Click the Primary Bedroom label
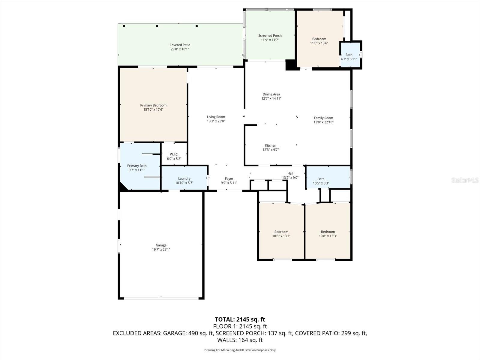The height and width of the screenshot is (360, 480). click(153, 105)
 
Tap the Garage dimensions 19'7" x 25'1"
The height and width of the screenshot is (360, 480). click(161, 250)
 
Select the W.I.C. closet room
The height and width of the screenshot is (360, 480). click(174, 156)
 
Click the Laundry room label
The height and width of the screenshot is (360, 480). click(184, 178)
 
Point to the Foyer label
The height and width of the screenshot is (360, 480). click(229, 179)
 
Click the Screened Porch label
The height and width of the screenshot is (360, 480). click(270, 36)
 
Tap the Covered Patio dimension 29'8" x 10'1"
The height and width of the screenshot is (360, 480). click(180, 49)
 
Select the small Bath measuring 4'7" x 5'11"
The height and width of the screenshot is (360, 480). click(349, 57)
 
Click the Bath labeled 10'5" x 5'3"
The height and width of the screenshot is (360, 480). click(321, 181)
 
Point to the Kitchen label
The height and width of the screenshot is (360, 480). click(271, 145)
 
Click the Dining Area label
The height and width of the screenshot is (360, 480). click(271, 94)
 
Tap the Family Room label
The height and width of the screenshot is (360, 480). click(323, 118)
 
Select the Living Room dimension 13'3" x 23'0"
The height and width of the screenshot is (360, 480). click(216, 121)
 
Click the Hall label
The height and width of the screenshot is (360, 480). click(290, 173)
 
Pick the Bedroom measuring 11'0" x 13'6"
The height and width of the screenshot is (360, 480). click(319, 41)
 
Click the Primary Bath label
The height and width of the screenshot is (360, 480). click(137, 166)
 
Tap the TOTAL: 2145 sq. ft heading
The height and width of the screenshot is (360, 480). click(240, 319)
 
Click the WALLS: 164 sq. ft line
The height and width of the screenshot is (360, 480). click(240, 340)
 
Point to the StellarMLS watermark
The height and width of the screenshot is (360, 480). click(465, 180)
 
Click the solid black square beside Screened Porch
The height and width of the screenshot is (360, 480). click(290, 65)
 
